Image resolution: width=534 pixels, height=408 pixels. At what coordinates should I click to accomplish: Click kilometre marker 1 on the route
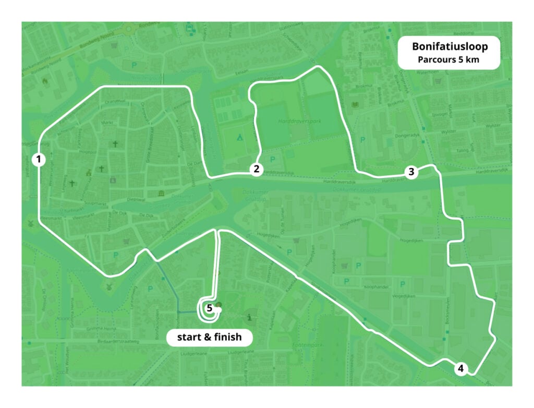38,159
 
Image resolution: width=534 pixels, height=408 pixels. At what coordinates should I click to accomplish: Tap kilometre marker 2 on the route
256,169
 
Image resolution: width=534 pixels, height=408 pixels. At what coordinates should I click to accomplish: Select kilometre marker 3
411,172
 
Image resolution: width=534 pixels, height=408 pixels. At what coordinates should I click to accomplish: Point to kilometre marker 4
460,368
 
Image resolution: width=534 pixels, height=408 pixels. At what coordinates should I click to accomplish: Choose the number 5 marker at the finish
209,308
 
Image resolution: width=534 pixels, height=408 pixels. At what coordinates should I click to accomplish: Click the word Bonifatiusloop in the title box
450,47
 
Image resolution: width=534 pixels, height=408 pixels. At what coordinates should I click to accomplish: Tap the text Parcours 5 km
449,59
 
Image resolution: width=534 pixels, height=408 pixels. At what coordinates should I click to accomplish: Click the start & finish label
209,337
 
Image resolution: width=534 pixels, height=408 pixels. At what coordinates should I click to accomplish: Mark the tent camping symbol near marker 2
239,138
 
